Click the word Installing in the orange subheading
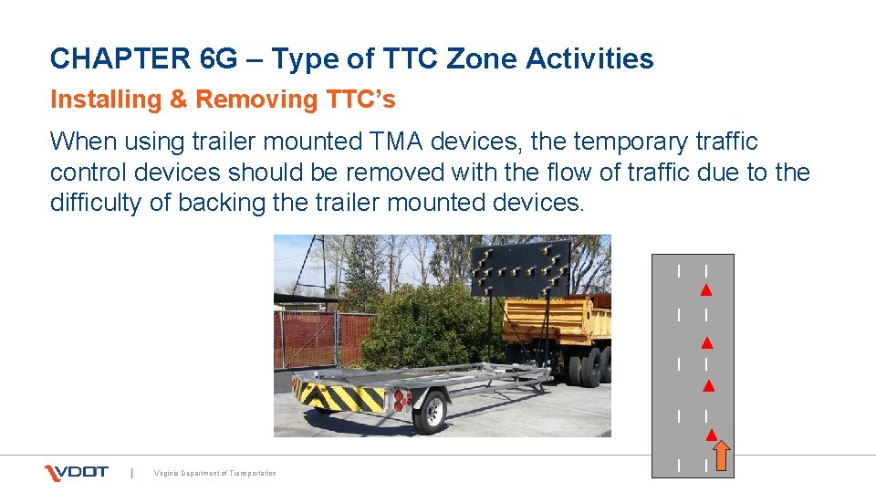pyautogui.click(x=106, y=100)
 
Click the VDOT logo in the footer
pyautogui.click(x=77, y=472)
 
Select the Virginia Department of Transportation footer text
pyautogui.click(x=215, y=473)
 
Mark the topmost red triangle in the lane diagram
pyautogui.click(x=705, y=291)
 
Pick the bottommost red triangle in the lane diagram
pyautogui.click(x=710, y=435)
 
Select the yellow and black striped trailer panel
pyautogui.click(x=339, y=395)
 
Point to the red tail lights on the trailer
pyautogui.click(x=401, y=398)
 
